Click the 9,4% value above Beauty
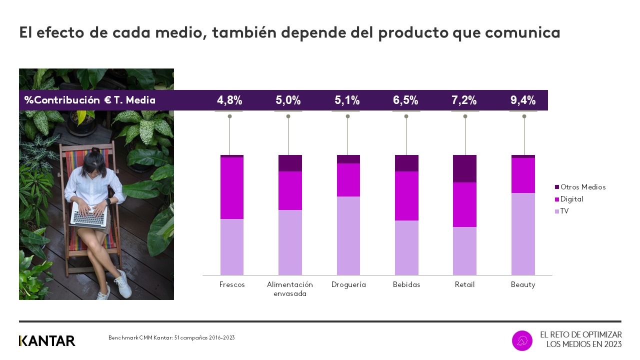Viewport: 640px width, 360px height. (523, 100)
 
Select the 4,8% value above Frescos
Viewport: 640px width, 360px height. (229, 100)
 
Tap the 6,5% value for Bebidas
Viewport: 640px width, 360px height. (405, 100)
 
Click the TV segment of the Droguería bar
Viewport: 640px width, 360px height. (348, 235)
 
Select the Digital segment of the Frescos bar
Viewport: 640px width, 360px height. (232, 188)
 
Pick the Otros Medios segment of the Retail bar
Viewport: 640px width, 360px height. (464, 168)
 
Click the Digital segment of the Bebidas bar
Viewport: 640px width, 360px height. (406, 196)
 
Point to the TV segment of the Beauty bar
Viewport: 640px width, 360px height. (523, 233)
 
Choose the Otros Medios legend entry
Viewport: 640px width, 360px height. (582, 187)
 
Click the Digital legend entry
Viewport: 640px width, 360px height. (571, 199)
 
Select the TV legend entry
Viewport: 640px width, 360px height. (564, 211)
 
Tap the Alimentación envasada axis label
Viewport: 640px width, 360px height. (290, 289)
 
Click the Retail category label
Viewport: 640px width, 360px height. (464, 284)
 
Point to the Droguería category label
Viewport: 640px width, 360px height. (348, 284)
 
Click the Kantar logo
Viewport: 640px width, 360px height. (47, 341)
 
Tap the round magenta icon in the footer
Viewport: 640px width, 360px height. (522, 340)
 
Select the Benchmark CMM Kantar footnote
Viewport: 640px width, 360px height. (171, 338)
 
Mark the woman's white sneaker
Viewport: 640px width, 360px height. (123, 283)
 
